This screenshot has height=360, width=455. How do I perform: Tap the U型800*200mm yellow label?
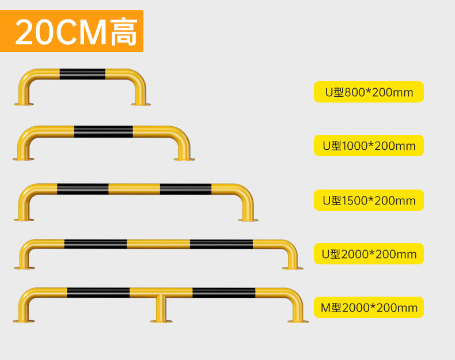pos(369,92)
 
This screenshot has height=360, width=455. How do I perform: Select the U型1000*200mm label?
pos(369,146)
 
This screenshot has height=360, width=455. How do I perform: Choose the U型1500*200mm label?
pos(369,200)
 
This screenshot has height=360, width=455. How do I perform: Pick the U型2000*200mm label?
pos(369,254)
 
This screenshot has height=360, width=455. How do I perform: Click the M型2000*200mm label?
pos(369,308)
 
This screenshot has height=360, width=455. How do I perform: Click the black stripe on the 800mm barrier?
pos(82,74)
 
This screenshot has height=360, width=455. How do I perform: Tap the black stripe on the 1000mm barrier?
pos(103,131)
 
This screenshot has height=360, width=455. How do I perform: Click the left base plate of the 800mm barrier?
pos(24,104)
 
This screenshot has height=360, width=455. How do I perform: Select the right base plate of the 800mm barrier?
pos(141,104)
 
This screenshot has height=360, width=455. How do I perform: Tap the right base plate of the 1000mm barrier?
pos(184,159)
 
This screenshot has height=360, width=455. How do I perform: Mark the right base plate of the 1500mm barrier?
pos(248,219)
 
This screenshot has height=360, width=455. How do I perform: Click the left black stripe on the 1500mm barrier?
pos(82,189)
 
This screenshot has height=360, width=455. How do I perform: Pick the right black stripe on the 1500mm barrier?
pos(185,189)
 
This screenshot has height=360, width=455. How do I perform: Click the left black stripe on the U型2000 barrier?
pos(96,244)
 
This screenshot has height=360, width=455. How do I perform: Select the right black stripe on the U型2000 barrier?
pos(221,244)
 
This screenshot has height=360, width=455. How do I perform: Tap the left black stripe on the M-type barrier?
pos(98,293)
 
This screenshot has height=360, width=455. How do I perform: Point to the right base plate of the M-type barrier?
pos(298,321)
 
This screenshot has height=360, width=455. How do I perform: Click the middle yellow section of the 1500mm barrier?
pos(134,189)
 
